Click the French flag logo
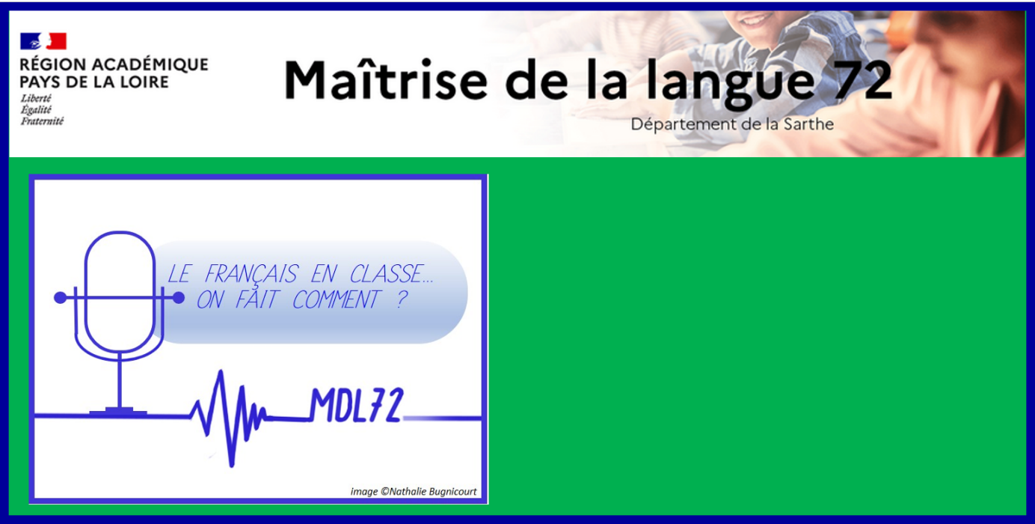(x=43, y=41)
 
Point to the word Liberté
(x=36, y=98)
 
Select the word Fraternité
(x=42, y=121)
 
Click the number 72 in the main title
(x=860, y=80)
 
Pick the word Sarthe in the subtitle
(x=808, y=124)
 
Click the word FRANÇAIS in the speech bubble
(x=251, y=274)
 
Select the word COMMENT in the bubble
(x=337, y=299)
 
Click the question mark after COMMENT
(x=402, y=299)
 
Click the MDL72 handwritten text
(x=357, y=405)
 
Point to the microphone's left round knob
(x=60, y=298)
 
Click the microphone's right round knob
(x=179, y=298)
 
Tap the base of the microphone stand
(x=118, y=412)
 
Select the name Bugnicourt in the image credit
(x=452, y=491)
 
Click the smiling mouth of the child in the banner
(x=754, y=20)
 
